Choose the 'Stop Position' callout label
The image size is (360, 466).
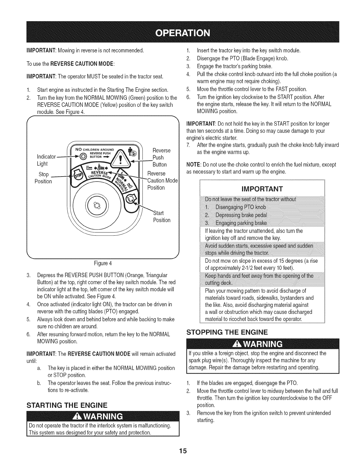43,178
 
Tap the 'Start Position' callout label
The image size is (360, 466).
161,216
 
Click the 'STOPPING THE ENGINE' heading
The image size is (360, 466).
227,333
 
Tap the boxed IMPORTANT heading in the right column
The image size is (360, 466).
262,188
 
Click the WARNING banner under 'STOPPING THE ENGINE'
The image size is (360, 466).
262,344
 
